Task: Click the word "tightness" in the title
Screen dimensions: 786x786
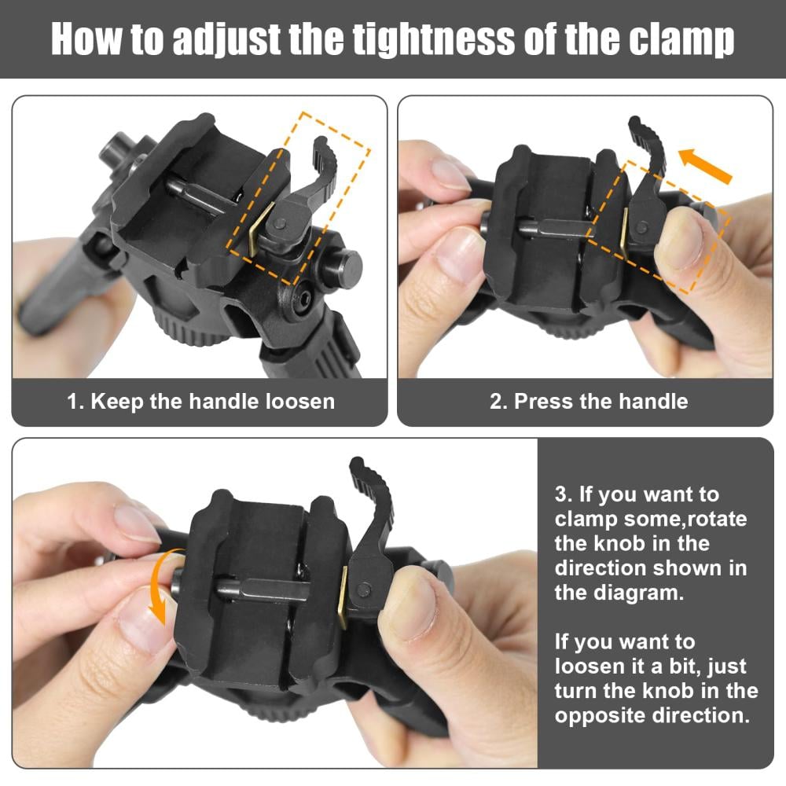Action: [x=433, y=39]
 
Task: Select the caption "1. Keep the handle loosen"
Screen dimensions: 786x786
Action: [x=200, y=402]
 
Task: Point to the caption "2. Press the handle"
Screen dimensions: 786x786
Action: [x=589, y=402]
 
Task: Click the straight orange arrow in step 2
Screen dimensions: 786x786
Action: [x=705, y=166]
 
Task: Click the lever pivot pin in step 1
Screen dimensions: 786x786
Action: [x=281, y=223]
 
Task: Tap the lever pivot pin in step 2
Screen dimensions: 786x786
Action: [x=641, y=229]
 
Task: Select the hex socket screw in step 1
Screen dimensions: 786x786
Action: [x=302, y=299]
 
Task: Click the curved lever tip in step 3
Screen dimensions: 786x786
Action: [x=357, y=463]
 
